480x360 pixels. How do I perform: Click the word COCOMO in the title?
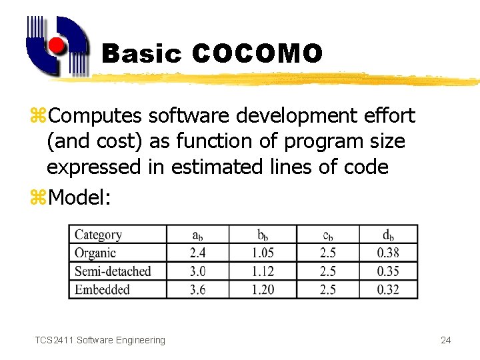click(x=257, y=53)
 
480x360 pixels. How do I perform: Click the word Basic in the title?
click(x=141, y=54)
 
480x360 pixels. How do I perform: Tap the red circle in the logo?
click(x=57, y=45)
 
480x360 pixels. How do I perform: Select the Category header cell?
click(x=98, y=235)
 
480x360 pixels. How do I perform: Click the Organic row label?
click(x=95, y=253)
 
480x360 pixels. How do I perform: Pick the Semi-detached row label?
click(x=113, y=271)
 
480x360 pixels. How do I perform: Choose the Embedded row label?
click(x=102, y=289)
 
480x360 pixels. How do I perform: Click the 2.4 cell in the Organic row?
click(x=197, y=253)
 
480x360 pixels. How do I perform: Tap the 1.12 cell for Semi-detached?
click(x=262, y=271)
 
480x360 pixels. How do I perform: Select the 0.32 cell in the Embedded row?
click(x=388, y=289)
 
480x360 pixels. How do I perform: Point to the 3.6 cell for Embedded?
click(x=197, y=289)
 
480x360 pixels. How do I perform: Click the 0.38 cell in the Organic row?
click(x=388, y=253)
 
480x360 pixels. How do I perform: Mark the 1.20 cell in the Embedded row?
click(x=262, y=289)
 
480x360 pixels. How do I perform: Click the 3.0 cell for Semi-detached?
click(x=197, y=271)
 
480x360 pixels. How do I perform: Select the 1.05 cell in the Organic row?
click(x=262, y=253)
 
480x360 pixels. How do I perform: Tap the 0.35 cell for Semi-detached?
click(x=388, y=271)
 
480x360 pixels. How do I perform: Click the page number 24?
click(x=446, y=340)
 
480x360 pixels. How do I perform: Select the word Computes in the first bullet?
click(x=95, y=116)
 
